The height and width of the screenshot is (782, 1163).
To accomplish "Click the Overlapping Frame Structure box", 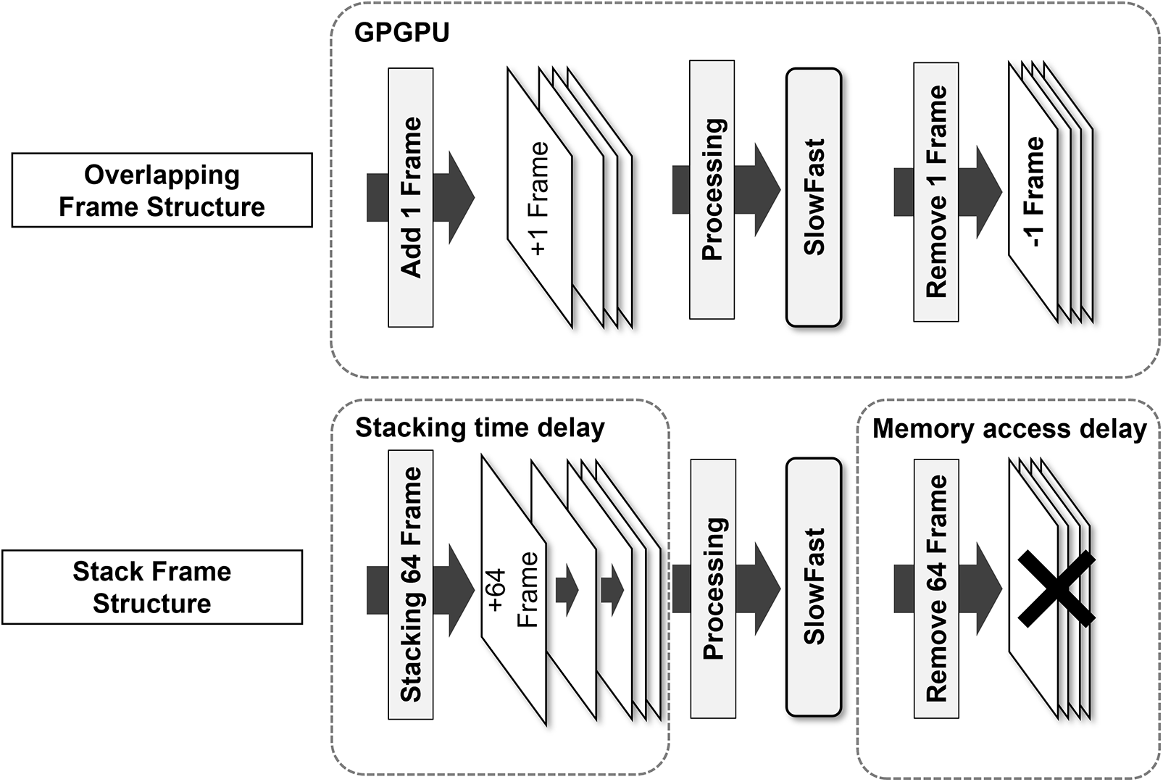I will coord(162,190).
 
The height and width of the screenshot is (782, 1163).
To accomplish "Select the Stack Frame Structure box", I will coord(152,587).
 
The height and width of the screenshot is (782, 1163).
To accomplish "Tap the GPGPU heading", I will coord(401,33).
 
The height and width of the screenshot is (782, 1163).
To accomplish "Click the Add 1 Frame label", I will coord(411,197).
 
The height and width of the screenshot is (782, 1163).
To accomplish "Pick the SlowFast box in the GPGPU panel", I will coord(814,197).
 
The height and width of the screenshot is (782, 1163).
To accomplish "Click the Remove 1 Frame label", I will coord(936,192).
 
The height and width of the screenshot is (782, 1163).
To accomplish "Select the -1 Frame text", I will coord(1034,193).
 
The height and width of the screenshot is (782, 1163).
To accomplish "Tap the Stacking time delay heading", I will coord(480,428).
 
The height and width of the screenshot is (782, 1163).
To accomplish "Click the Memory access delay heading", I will coord(1009,429).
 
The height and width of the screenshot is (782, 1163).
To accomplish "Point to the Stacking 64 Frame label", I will coord(411,584).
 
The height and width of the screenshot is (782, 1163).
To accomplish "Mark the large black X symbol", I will coord(1056,588).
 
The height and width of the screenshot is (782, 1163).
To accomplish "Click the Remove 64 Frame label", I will coord(936,588).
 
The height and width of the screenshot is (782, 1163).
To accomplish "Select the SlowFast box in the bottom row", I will coord(814,587).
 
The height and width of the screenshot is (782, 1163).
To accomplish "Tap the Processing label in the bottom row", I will coord(714,588).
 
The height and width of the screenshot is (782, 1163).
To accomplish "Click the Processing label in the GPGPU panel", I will coord(712,190).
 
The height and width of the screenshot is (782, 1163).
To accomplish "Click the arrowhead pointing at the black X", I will coord(988,588).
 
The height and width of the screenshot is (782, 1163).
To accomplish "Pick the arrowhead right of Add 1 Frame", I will coord(461,197).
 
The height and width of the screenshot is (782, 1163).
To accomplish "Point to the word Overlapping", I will coord(162,175).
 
